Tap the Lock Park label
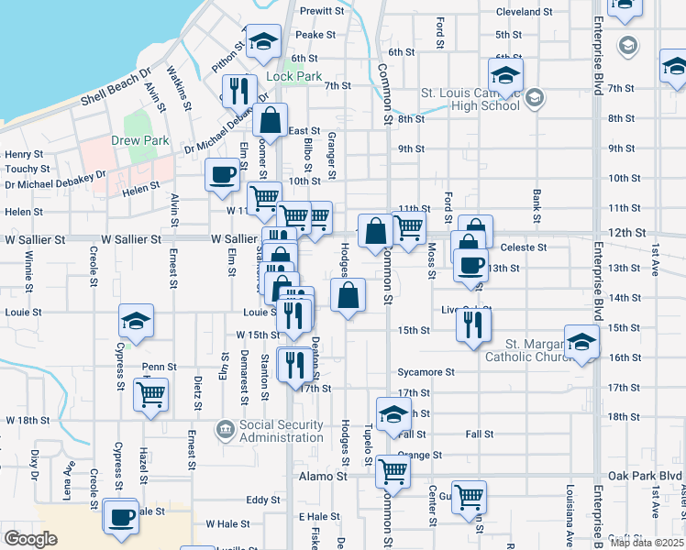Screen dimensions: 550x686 (294, 76)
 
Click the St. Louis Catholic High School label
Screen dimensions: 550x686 (470, 99)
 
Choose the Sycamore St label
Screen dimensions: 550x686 (426, 372)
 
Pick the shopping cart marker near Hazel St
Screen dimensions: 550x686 (150, 395)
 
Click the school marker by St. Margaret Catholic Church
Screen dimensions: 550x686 (581, 342)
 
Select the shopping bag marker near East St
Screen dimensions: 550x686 (271, 118)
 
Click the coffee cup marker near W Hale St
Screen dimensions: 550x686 (120, 517)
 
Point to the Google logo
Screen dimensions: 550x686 (31, 539)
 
